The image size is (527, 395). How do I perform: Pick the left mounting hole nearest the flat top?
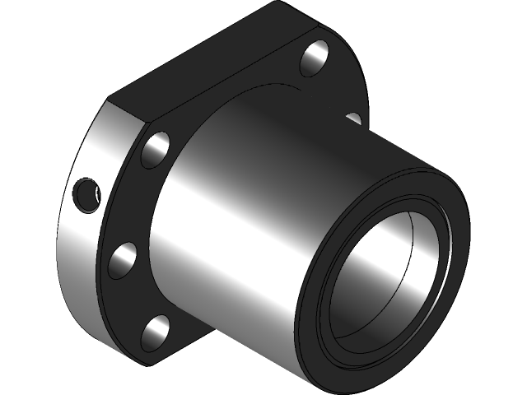(156, 149)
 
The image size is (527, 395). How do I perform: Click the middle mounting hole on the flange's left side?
(123, 260)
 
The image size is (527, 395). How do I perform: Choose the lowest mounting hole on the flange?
(154, 333)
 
